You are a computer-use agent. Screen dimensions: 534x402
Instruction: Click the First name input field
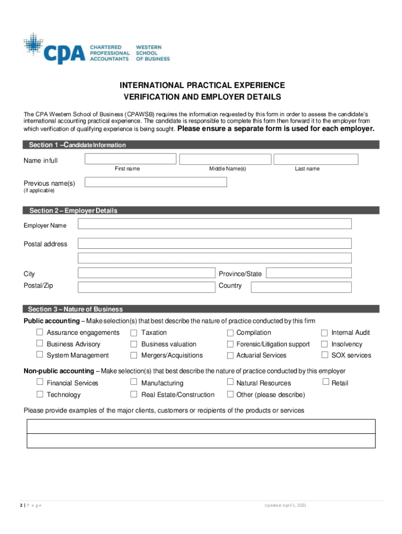pos(131,159)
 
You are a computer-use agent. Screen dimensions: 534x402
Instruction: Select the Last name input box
pos(316,159)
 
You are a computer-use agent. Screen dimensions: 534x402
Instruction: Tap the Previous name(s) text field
pos(156,182)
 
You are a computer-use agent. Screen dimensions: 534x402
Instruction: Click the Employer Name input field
pos(215,224)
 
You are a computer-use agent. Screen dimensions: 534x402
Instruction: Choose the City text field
pos(146,273)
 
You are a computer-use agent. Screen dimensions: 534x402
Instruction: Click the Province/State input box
pos(309,273)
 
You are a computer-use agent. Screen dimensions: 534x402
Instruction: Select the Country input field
pos(301,287)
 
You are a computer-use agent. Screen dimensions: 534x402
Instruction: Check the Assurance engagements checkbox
pos(40,332)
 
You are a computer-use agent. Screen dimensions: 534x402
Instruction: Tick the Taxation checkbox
pos(134,333)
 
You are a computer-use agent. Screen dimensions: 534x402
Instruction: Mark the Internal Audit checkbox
pos(324,333)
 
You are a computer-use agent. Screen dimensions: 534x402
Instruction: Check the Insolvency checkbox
pos(324,344)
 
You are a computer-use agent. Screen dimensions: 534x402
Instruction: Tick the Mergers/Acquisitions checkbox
pos(134,356)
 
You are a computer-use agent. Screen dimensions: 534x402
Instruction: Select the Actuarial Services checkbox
pos(230,356)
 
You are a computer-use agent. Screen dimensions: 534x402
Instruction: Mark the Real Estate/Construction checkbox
pos(134,395)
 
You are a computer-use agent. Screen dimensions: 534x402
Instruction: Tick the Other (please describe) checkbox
pos(230,395)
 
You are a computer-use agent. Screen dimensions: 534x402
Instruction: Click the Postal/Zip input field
pos(146,287)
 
